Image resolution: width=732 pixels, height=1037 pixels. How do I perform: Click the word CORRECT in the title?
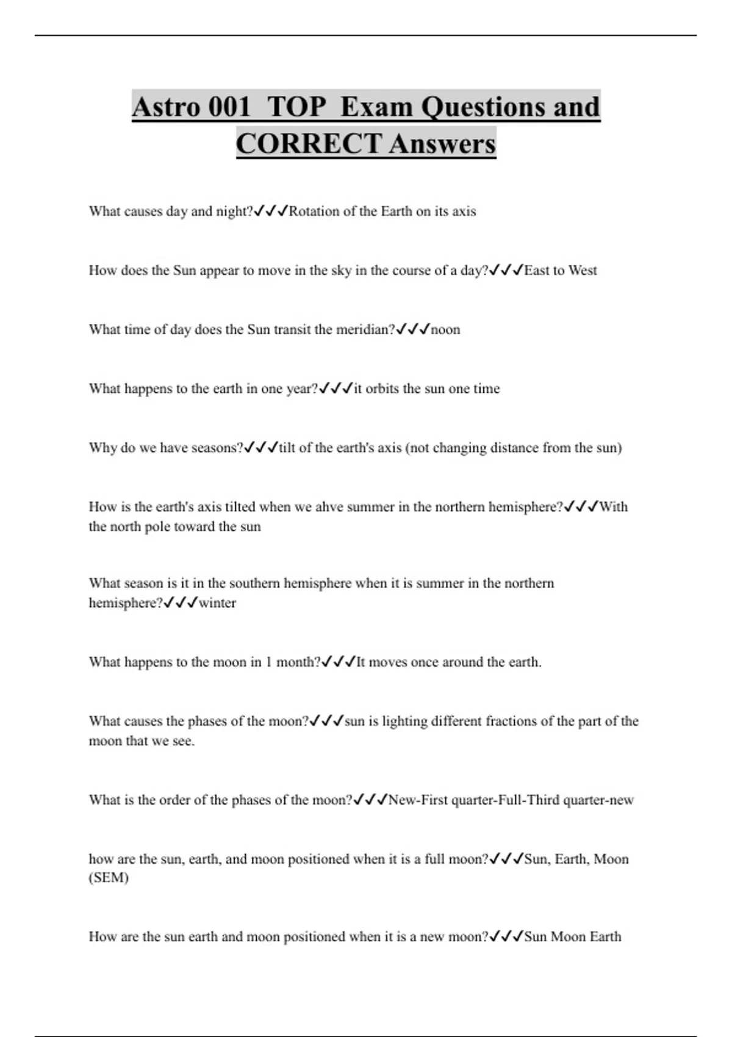click(x=309, y=144)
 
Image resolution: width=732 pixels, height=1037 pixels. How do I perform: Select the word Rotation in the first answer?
click(x=314, y=212)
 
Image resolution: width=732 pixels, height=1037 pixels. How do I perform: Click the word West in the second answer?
click(x=583, y=271)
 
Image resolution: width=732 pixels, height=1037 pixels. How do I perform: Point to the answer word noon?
click(x=445, y=330)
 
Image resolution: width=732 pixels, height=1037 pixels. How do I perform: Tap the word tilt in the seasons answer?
click(x=287, y=448)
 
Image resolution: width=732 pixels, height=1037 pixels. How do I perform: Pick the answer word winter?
click(x=217, y=603)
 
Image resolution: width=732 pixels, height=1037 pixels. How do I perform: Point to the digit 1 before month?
click(x=269, y=662)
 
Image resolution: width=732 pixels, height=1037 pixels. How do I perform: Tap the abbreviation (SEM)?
click(x=109, y=878)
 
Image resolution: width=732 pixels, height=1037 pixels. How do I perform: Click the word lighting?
click(x=404, y=722)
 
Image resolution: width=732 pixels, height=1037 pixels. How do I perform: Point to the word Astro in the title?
click(x=166, y=107)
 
